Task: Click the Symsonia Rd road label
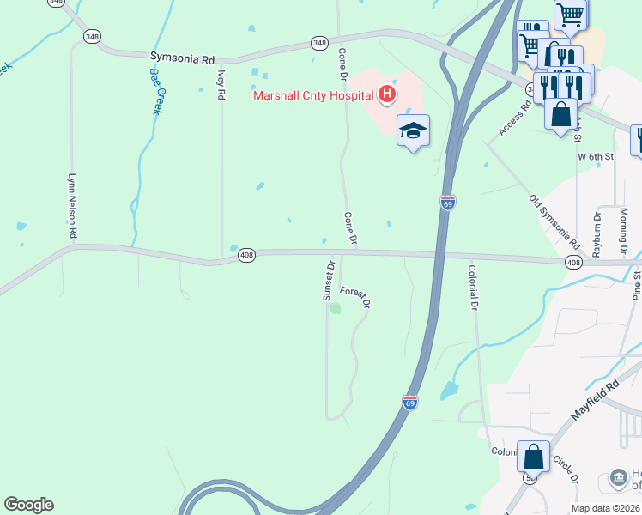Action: point(182,58)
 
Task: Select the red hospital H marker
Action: point(387,94)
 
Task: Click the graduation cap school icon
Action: point(413,130)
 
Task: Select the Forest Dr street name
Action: point(354,297)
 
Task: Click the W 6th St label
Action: point(596,157)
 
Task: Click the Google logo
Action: point(28,505)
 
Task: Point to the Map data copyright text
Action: point(606,508)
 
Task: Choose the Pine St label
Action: point(637,284)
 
